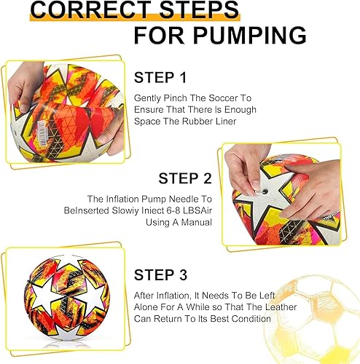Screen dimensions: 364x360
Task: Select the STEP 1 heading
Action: click(165, 77)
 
